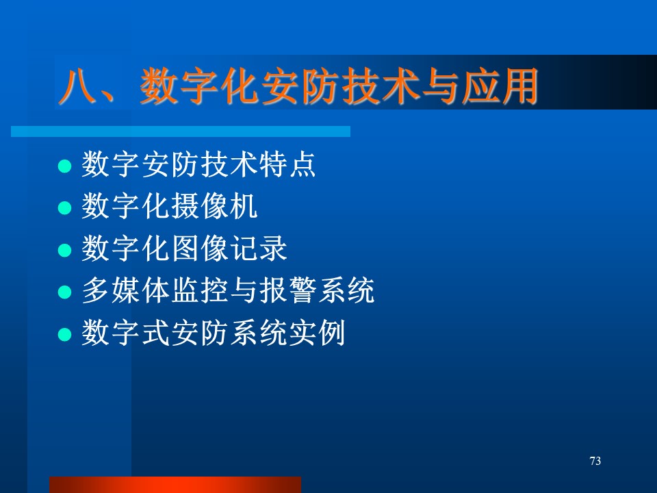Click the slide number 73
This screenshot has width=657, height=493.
pyautogui.click(x=595, y=461)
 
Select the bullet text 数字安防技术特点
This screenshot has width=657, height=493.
pyautogui.click(x=198, y=165)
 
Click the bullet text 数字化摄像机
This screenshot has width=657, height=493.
pyautogui.click(x=169, y=206)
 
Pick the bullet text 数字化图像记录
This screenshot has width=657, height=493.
pyautogui.click(x=184, y=248)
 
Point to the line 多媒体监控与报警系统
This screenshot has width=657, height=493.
pyautogui.click(x=228, y=290)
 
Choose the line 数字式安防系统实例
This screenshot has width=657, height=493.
pyautogui.click(x=214, y=333)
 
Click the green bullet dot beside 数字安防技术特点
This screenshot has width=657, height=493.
pyautogui.click(x=64, y=166)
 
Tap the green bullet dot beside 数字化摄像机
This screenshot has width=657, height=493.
pyautogui.click(x=64, y=208)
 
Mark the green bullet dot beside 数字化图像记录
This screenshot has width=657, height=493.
pyautogui.click(x=64, y=251)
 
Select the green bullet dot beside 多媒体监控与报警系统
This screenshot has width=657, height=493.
pyautogui.click(x=64, y=292)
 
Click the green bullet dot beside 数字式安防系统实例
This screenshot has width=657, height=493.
pyautogui.click(x=64, y=335)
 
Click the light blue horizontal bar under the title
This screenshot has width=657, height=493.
pyautogui.click(x=181, y=131)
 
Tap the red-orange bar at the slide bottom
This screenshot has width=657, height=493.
pyautogui.click(x=175, y=485)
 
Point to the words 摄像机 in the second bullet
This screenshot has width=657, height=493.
pyautogui.click(x=214, y=206)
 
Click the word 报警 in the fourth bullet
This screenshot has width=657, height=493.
pyautogui.click(x=287, y=290)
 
